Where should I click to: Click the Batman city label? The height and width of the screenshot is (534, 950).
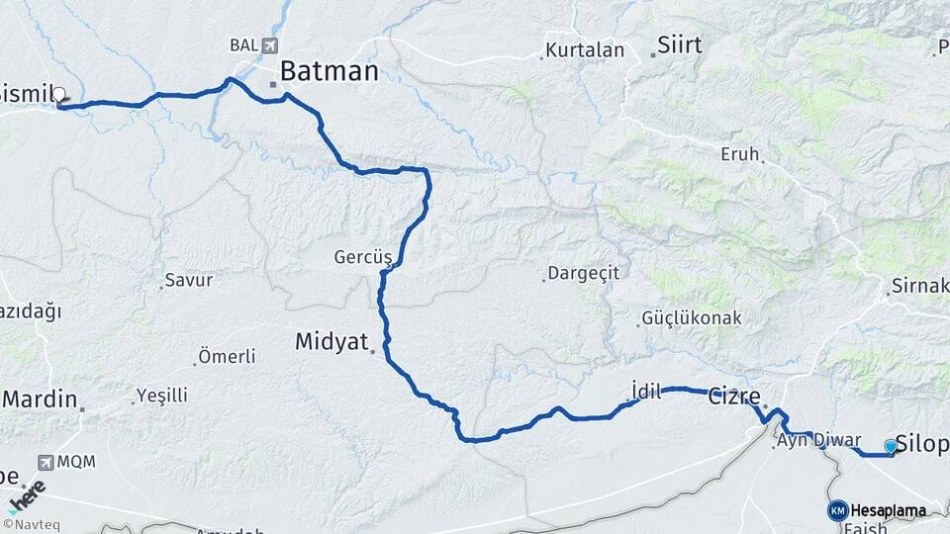tap(329, 71)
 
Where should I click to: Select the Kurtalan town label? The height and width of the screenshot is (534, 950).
tap(585, 50)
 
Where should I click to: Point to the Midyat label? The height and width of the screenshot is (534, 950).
tap(332, 342)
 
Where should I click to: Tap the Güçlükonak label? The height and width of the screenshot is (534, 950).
tap(692, 318)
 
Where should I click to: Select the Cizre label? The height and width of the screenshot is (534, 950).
tap(734, 398)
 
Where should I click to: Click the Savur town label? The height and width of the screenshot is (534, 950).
tap(188, 280)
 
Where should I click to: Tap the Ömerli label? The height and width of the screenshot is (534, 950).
tap(227, 356)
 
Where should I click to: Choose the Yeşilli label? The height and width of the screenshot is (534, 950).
tap(161, 396)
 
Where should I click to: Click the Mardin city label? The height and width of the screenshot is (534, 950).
tap(40, 400)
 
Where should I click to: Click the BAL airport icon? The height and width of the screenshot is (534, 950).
tap(270, 45)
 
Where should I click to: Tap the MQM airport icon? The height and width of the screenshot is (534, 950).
tap(46, 462)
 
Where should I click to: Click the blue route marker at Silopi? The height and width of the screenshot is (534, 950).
tap(891, 447)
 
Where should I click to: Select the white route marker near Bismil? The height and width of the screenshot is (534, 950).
tap(59, 96)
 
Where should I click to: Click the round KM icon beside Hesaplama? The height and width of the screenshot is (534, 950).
tap(837, 510)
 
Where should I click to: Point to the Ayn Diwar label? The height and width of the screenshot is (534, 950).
tap(819, 441)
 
